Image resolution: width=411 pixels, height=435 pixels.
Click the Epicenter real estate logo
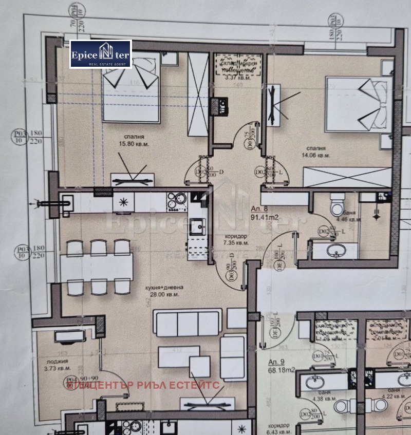click(101, 54)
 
